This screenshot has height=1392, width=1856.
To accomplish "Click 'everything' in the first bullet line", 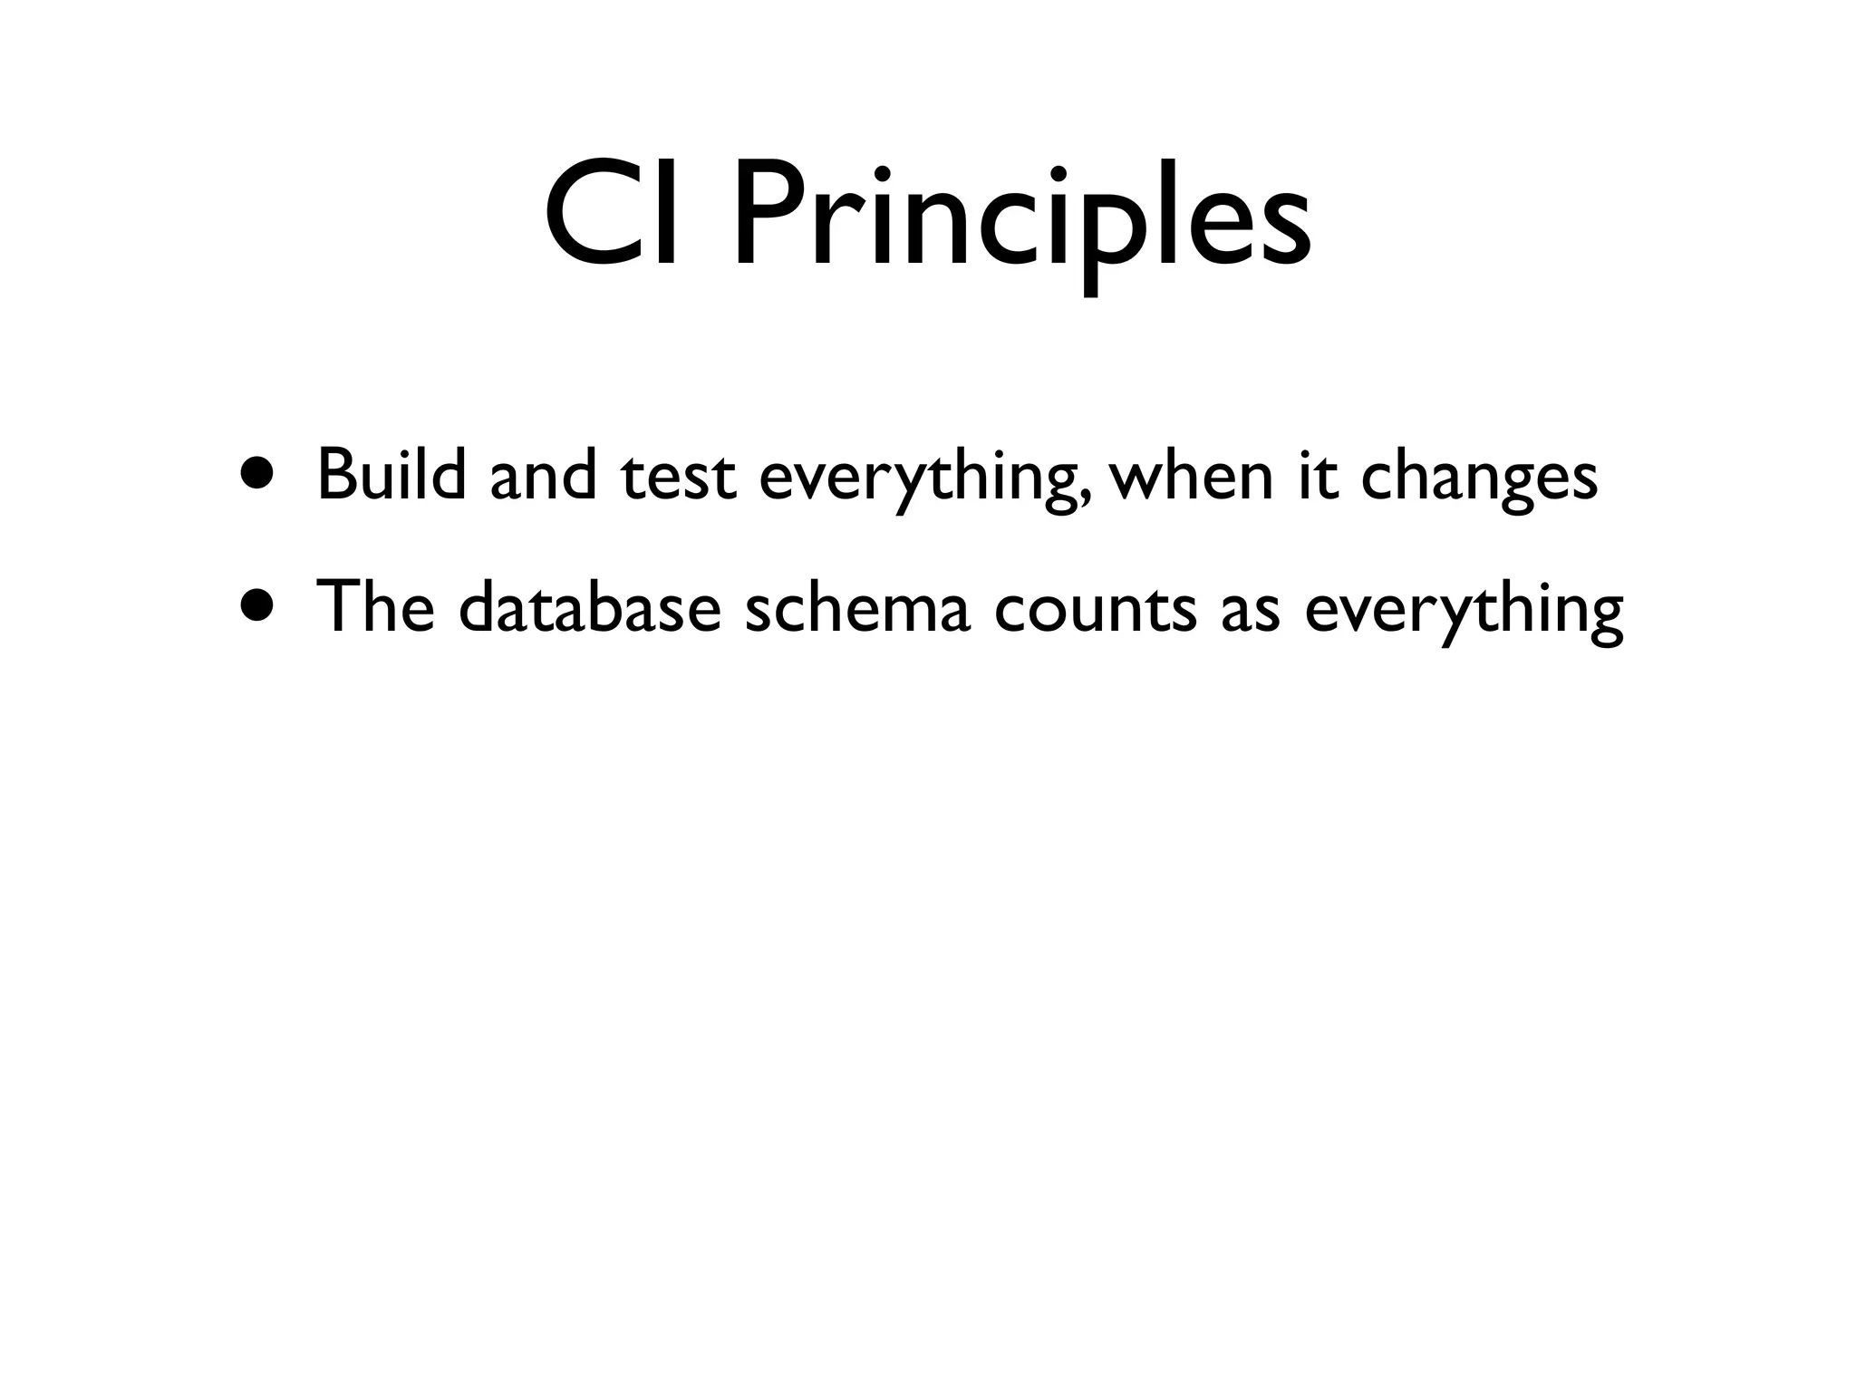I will coord(921,480).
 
